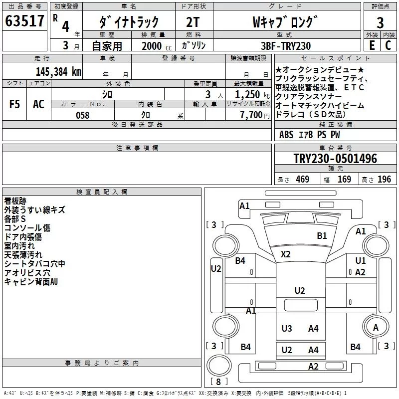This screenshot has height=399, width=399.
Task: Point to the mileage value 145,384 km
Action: pyautogui.click(x=58, y=72)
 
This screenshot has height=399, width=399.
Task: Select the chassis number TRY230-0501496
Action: pyautogui.click(x=335, y=159)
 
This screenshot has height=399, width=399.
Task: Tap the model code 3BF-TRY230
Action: pyautogui.click(x=286, y=46)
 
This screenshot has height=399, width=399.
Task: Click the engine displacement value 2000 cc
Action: pyautogui.click(x=152, y=46)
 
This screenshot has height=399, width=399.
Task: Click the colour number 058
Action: pyautogui.click(x=82, y=115)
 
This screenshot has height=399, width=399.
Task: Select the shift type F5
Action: pyautogui.click(x=15, y=104)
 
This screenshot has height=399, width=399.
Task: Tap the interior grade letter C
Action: pyautogui.click(x=388, y=45)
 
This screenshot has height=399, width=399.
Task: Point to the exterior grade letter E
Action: pyautogui.click(x=372, y=45)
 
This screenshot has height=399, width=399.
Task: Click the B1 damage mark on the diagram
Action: pyautogui.click(x=322, y=235)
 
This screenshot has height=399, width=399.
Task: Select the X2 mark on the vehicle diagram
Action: pyautogui.click(x=285, y=254)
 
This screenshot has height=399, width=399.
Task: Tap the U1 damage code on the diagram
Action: pyautogui.click(x=361, y=261)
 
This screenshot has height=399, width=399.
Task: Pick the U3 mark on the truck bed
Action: pyautogui.click(x=287, y=328)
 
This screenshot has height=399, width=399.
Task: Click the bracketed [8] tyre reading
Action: pyautogui.click(x=218, y=382)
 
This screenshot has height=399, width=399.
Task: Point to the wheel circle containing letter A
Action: pyautogui.click(x=376, y=327)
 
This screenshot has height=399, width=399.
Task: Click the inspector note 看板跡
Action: pyautogui.click(x=15, y=201)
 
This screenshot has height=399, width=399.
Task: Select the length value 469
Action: pyautogui.click(x=302, y=180)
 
